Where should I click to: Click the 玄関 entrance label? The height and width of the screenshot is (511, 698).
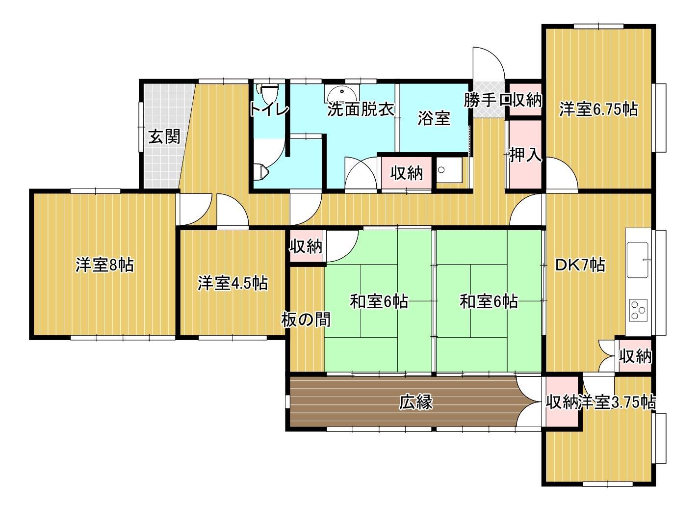[164, 136]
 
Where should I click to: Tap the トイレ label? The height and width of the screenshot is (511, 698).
[269, 108]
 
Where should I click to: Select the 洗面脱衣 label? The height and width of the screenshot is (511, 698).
[361, 109]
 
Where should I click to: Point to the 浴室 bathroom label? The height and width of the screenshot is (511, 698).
[434, 118]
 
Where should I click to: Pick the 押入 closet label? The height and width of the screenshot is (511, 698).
[525, 155]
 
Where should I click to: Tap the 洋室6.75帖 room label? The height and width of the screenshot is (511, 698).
[598, 109]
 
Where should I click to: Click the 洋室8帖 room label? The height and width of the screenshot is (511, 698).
[104, 265]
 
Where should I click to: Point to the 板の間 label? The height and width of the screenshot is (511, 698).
[306, 320]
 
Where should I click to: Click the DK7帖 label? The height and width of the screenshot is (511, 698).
[580, 265]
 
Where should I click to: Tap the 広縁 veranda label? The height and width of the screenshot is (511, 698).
[415, 403]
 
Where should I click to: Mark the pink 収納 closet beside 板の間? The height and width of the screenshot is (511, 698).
[306, 246]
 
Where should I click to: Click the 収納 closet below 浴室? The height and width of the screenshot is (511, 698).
[406, 173]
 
